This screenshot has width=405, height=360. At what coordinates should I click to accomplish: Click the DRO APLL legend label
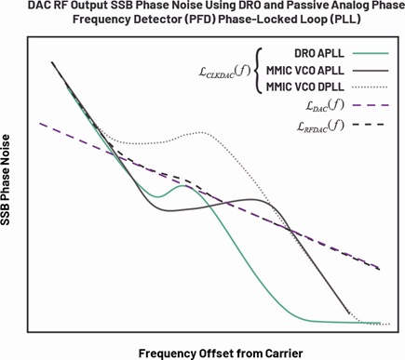[x=319, y=53]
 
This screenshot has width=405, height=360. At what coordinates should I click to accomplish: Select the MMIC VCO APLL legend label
[x=305, y=71]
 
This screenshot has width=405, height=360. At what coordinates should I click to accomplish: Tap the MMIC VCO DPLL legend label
[x=305, y=87]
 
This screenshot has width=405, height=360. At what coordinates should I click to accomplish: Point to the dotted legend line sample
[x=371, y=87]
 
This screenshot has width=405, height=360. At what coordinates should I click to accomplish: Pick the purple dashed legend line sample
[x=371, y=105]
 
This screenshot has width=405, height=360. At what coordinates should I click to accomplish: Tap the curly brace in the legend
[x=258, y=71]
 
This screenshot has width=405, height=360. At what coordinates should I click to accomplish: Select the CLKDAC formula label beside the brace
[x=224, y=73]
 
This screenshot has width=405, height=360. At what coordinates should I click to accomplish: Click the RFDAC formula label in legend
[x=320, y=126]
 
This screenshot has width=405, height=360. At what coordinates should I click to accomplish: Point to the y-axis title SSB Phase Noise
[x=6, y=180]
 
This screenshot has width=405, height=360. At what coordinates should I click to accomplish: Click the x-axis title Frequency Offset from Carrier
[x=221, y=353]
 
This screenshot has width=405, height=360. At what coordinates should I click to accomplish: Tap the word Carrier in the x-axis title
[x=284, y=353]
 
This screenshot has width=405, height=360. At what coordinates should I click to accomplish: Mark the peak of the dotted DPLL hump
[x=201, y=132]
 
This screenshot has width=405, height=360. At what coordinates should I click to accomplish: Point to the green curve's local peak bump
[x=184, y=186]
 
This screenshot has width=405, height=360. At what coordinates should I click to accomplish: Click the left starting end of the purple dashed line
[x=40, y=124]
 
